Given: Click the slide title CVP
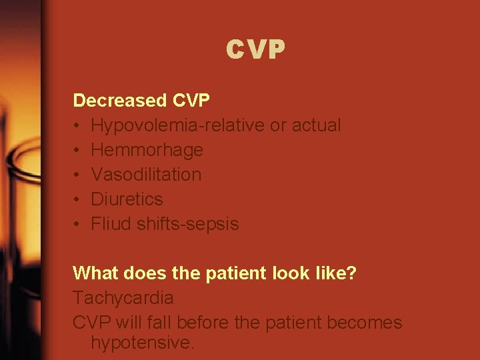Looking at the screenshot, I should [255, 49].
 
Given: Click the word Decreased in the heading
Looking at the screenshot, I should [120, 101].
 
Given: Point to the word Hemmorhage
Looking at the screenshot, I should [147, 150].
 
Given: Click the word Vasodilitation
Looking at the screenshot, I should [146, 175].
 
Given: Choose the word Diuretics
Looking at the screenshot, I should [127, 199].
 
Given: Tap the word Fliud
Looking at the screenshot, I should [111, 224].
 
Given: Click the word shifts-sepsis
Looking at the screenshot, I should [187, 224].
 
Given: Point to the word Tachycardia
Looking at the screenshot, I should [123, 298].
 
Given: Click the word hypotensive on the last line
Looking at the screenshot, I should [142, 343].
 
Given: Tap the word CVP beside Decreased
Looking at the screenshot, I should [191, 101].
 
